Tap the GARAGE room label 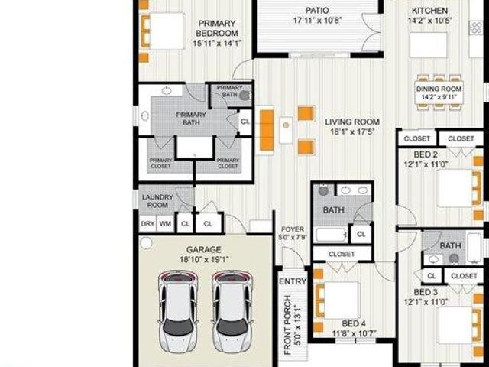[x=203, y=249]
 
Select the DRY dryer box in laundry [x=147, y=224]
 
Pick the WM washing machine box [x=165, y=224]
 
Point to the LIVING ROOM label [x=352, y=122]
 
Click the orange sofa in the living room [x=267, y=131]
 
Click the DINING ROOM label [x=439, y=89]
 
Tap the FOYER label [x=293, y=229]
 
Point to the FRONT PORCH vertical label [x=288, y=325]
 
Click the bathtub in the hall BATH [x=332, y=234]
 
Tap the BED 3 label [x=426, y=292]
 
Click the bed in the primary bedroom [x=162, y=32]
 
